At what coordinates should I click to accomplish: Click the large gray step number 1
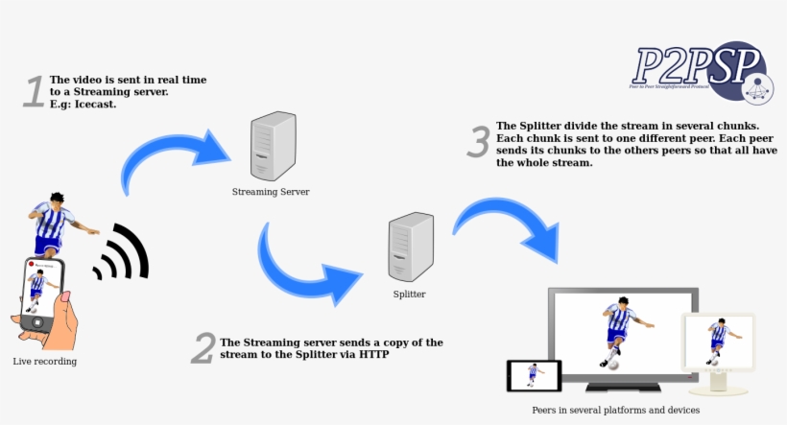point(34,91)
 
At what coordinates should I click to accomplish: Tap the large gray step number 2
point(202,348)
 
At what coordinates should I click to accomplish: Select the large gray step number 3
point(478,141)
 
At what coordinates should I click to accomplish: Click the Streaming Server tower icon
point(271,147)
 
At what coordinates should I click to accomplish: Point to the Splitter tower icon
point(410,247)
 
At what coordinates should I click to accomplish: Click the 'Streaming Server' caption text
point(271,192)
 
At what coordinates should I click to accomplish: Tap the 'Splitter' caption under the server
point(409,294)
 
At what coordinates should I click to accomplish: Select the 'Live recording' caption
point(44,362)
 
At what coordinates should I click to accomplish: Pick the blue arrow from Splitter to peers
point(509,225)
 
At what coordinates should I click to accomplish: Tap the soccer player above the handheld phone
point(60,224)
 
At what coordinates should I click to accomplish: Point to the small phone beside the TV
point(534,375)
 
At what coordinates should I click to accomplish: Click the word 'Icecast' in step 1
point(95,104)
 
